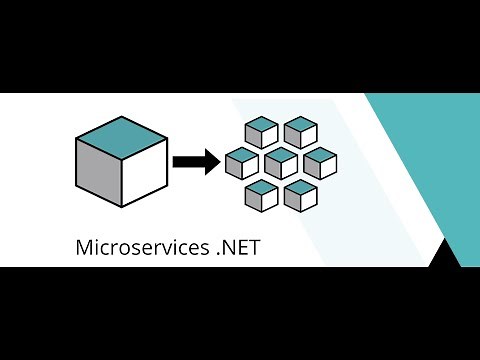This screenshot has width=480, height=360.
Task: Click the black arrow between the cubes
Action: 194,161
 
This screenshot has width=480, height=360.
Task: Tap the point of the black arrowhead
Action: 219,161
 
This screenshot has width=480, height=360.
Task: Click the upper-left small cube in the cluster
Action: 262,132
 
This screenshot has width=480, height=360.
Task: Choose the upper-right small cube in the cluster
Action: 300,132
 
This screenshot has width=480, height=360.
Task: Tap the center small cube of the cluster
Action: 281,163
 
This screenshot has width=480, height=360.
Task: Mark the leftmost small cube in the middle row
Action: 242,163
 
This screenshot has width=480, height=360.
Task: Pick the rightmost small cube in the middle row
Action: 319,163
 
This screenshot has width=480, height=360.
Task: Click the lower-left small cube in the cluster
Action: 262,195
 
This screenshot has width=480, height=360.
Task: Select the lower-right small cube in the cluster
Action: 300,195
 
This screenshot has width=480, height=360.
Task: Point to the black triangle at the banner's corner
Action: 445,254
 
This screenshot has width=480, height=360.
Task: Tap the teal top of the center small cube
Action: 281,154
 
